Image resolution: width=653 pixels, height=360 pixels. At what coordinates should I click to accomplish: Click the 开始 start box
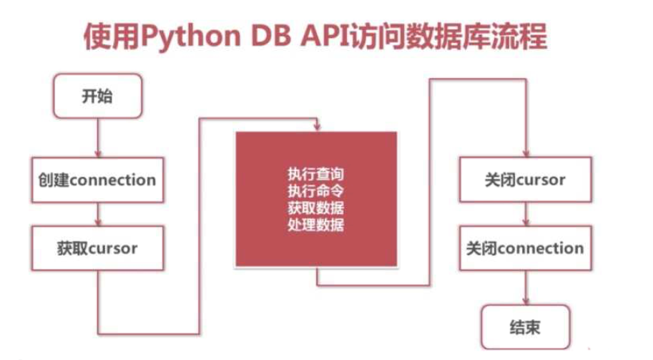[x=97, y=96]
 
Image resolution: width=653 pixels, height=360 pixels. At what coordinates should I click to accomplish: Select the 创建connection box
[x=97, y=179]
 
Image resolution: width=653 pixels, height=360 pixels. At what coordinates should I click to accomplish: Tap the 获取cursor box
[x=97, y=248]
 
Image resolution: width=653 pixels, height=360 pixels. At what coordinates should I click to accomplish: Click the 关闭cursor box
[x=525, y=179]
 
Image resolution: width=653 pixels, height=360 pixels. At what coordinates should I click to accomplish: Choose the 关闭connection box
[x=525, y=248]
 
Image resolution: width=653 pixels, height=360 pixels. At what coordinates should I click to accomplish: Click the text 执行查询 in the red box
[x=315, y=175]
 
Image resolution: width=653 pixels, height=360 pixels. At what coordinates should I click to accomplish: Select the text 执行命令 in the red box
[x=315, y=192]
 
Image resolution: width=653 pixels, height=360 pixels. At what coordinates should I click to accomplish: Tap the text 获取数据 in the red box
[x=315, y=209]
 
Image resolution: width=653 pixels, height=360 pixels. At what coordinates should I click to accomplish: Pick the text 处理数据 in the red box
[x=315, y=226]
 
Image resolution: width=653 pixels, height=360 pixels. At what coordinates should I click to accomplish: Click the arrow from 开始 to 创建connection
[x=97, y=137]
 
